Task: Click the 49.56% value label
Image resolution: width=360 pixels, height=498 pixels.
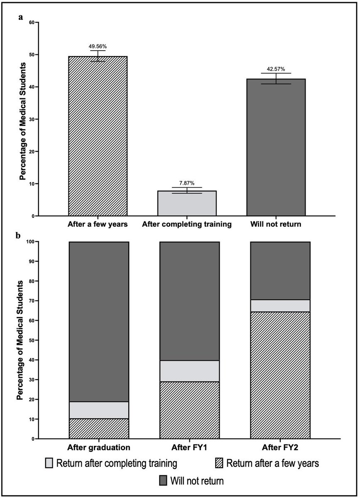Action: coord(98,47)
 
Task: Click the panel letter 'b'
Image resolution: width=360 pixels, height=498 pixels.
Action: coord(18,235)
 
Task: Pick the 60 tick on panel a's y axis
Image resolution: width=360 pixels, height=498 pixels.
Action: coord(31,22)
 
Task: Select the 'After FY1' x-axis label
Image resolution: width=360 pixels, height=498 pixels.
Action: coord(189,448)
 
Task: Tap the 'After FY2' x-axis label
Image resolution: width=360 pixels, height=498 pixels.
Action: coord(280,448)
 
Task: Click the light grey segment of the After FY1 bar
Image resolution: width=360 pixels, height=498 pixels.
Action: coord(189,371)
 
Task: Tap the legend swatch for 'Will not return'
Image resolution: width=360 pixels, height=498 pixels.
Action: coord(164,481)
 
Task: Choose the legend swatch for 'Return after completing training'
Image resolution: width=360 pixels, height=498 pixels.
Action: coord(49,463)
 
